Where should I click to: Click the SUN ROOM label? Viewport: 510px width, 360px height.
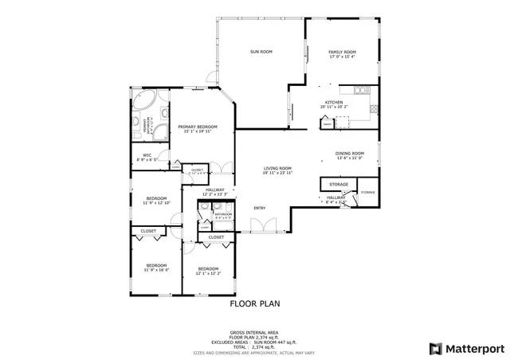[x=261, y=52]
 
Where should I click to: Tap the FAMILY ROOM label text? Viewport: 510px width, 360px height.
[x=342, y=52]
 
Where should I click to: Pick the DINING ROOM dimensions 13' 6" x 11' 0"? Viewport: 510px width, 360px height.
[x=350, y=158]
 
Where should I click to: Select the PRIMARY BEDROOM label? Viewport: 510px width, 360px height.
[x=198, y=127]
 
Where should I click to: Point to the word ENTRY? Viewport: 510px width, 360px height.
[x=259, y=209]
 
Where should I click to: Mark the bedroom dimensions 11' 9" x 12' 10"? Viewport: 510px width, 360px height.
[x=156, y=203]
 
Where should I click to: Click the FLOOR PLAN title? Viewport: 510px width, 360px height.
[x=255, y=303]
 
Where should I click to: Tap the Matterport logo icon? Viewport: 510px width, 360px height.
[x=434, y=348]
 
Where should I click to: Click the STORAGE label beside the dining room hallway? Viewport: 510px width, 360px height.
[x=367, y=193]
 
